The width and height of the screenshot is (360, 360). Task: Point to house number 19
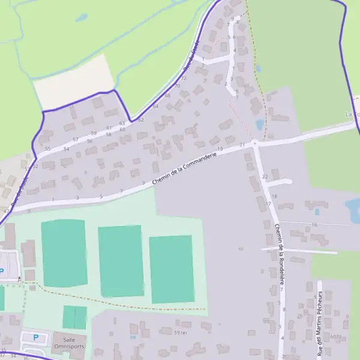pos(220,149)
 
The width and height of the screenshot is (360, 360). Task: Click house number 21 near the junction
pos(242,145)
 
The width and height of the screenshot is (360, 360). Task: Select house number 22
pos(265,176)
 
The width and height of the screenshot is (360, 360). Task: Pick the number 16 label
pos(314,225)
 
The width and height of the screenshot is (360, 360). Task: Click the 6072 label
pos(335,337)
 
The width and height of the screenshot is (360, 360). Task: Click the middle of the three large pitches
pos(121,261)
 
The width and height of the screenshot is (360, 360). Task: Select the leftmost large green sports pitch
pos(64,253)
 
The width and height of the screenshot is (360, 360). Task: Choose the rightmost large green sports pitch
pos(172,269)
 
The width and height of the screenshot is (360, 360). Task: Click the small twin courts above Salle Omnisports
pos(74,317)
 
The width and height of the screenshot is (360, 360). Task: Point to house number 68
pos(167,95)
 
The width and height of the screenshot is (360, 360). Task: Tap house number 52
pos(35,166)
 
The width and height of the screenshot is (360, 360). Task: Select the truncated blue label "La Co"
pos(352,113)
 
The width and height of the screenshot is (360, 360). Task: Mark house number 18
pos(275,196)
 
